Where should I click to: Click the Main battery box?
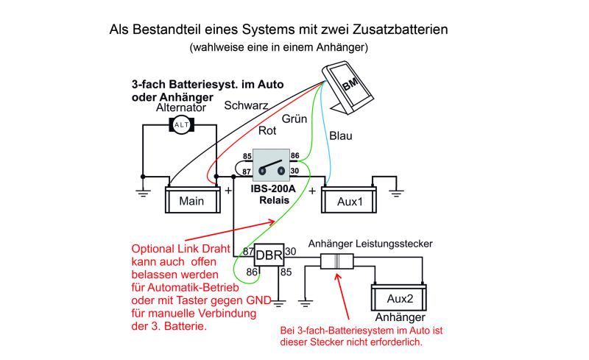tap(191, 200)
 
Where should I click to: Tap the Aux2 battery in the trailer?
tap(398, 300)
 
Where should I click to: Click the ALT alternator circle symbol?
tap(180, 126)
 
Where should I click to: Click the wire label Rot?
tap(267, 131)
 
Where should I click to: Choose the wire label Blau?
tap(340, 135)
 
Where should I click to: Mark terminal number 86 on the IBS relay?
tap(294, 156)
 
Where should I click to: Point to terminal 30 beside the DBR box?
tap(290, 251)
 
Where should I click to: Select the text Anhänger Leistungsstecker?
tap(370, 243)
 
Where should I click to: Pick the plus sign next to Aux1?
tap(312, 191)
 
